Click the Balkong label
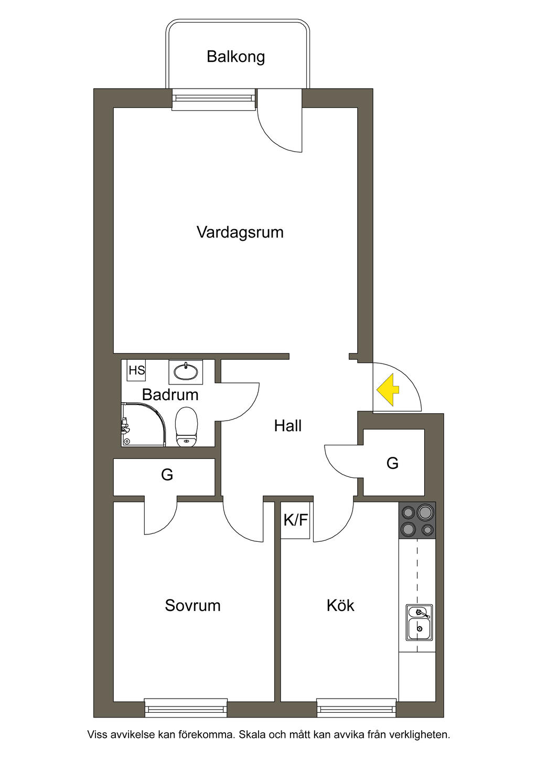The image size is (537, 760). coord(236,57)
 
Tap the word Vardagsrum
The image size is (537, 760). coord(240,232)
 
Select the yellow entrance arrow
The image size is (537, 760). coord(388,390)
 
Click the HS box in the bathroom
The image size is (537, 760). coord(137,370)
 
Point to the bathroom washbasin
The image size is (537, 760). coord(186,372)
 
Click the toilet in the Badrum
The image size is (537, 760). coord(186,427)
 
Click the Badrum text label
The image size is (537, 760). coord(170,394)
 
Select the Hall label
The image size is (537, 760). coord(288,426)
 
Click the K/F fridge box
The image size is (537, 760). coord(295,520)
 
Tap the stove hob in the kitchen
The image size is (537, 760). coord(417,520)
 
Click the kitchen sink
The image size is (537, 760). coord(420,623)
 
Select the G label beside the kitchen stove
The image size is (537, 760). coord(392,463)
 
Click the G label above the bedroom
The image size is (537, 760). coord(167,475)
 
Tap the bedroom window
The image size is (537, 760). coord(186,708)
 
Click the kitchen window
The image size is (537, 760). coord(357,708)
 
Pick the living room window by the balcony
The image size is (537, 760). coord(214,100)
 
